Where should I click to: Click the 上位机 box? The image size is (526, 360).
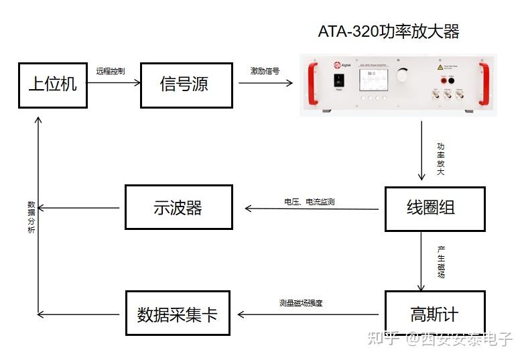pos(52,84)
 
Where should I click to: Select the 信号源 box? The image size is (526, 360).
pos(186,84)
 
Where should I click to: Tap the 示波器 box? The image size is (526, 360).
pos(178,207)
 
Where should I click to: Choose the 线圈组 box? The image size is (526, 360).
pos(434,208)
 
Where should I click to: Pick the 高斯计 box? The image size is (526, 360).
pos(434,313)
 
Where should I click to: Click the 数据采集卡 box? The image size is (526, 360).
pos(178,313)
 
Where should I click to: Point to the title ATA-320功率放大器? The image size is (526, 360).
pos(389,32)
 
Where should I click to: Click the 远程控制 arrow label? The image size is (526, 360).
pos(110,70)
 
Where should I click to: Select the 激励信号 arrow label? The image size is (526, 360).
pos(265,70)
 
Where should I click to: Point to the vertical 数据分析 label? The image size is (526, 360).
pos(31,217)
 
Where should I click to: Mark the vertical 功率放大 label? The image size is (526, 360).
pos(440,158)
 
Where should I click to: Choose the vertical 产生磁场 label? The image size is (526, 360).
pos(440,262)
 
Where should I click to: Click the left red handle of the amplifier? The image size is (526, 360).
pos(310,83)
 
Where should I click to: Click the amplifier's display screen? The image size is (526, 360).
pos(372,80)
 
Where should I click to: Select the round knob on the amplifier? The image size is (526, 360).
pos(402,74)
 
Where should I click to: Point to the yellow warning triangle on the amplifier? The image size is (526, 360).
pos(440,68)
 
